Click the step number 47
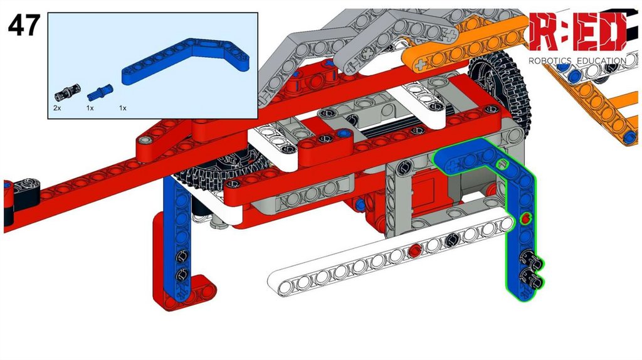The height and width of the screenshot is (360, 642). click(24, 24)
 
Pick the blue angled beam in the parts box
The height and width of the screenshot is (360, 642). click(186, 61)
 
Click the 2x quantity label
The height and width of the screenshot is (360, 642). click(57, 108)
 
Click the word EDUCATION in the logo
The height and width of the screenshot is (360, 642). click(601, 61)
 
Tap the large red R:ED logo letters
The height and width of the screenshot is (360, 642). click(577, 33)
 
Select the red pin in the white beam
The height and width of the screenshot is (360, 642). click(415, 250)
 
